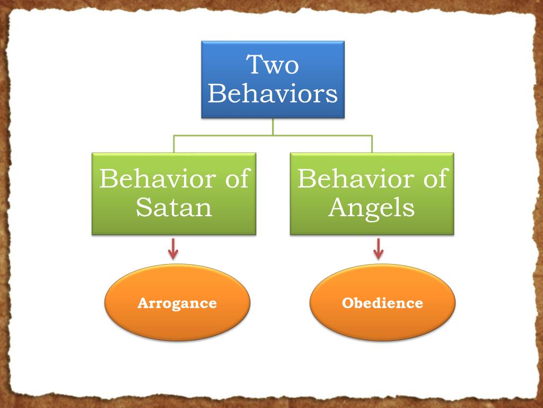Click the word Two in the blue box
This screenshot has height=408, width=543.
click(273, 66)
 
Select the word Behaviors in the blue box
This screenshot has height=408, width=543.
click(273, 93)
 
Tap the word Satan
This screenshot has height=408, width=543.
click(174, 208)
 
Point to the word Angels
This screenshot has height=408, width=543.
click(371, 208)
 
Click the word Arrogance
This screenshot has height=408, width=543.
click(177, 303)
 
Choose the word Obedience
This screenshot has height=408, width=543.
click(382, 303)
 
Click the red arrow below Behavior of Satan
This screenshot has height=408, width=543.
click(173, 249)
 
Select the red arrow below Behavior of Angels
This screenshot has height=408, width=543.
click(378, 249)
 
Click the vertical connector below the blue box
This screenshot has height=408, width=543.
click(273, 126)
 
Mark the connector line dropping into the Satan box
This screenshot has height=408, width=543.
click(174, 144)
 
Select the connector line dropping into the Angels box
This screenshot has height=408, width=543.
click(372, 144)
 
